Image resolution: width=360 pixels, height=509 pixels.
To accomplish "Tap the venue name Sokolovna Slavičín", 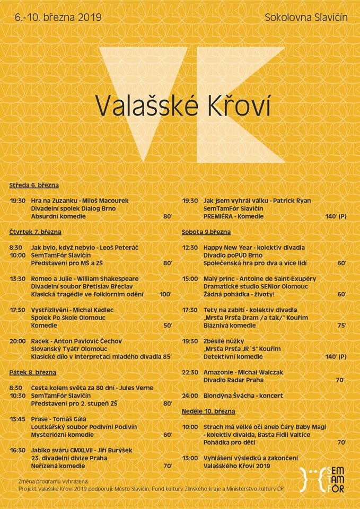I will coord(306,17).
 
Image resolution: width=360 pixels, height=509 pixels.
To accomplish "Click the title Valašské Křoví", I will coord(183,106).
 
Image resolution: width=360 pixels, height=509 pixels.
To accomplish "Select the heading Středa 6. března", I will coord(33,185).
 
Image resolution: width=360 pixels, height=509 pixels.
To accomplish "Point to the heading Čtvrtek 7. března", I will coord(35,232).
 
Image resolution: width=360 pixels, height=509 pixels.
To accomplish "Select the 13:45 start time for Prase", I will coord(17,419).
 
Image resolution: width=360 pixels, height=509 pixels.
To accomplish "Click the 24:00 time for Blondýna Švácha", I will coord(190,396).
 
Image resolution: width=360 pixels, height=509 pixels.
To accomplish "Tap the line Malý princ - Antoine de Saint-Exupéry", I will coord(259,278).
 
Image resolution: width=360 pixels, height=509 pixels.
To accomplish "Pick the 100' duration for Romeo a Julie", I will coord(165,294).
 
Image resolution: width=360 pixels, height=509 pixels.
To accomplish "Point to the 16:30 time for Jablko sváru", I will coord(17,450).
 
